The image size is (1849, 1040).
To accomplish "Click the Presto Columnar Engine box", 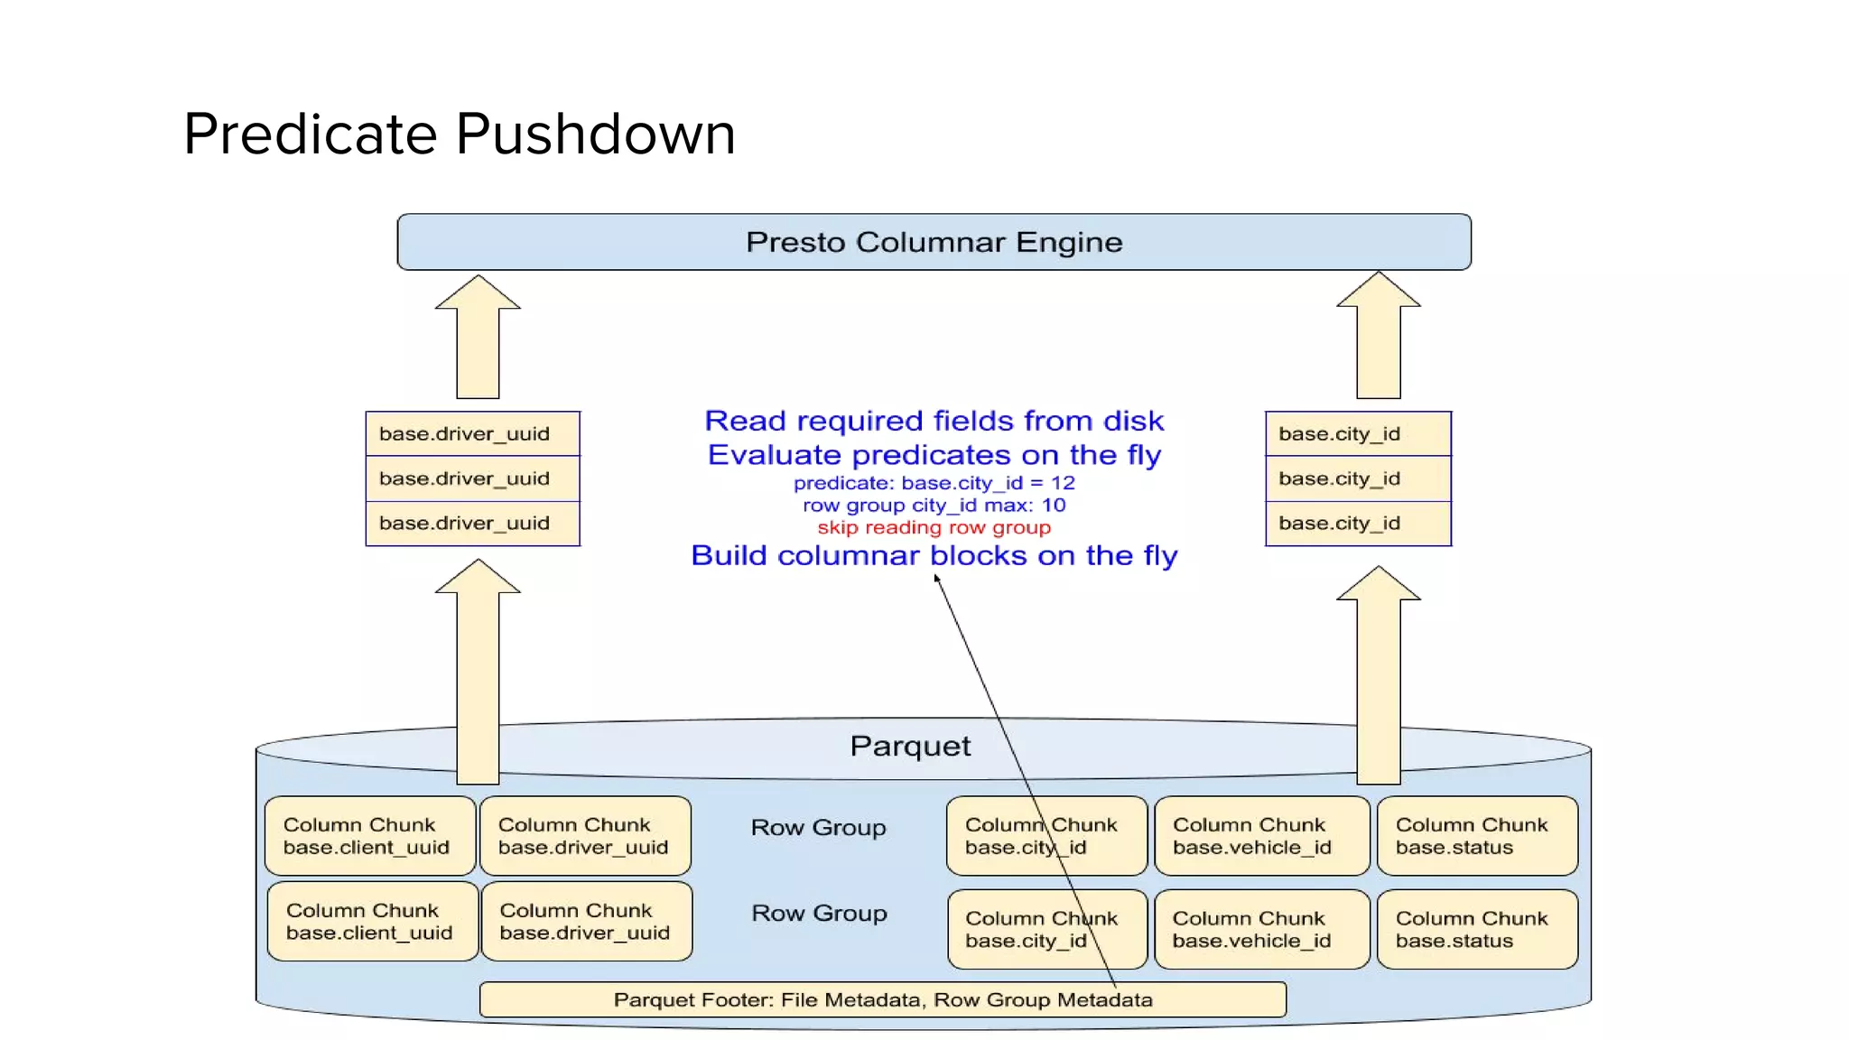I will coord(934,242).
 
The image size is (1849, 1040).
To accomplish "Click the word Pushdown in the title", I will coord(595,135).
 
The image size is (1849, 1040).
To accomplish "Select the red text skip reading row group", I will coord(934,527).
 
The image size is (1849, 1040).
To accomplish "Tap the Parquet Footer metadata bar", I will coord(882,999).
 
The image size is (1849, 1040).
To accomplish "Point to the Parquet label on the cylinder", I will coord(910,746).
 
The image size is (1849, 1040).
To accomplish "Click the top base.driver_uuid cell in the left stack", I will coord(472,434).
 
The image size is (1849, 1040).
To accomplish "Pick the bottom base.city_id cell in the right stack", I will coord(1358,524).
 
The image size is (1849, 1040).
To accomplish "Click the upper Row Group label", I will coord(818,828).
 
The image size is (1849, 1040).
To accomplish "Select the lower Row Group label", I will coord(819,914).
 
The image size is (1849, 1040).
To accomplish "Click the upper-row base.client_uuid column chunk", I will coord(370,836).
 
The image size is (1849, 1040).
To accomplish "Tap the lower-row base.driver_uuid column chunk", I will coord(587,922).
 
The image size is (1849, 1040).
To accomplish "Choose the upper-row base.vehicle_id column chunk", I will coord(1261,836).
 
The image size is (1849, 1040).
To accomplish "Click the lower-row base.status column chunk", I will coord(1477,930).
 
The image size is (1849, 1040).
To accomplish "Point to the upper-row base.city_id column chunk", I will coord(1046,836).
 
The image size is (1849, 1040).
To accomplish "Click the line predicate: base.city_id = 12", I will coord(934,483).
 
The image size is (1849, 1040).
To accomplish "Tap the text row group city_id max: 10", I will coord(934,506).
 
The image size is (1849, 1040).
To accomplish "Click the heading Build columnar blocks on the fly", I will coord(934,555).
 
